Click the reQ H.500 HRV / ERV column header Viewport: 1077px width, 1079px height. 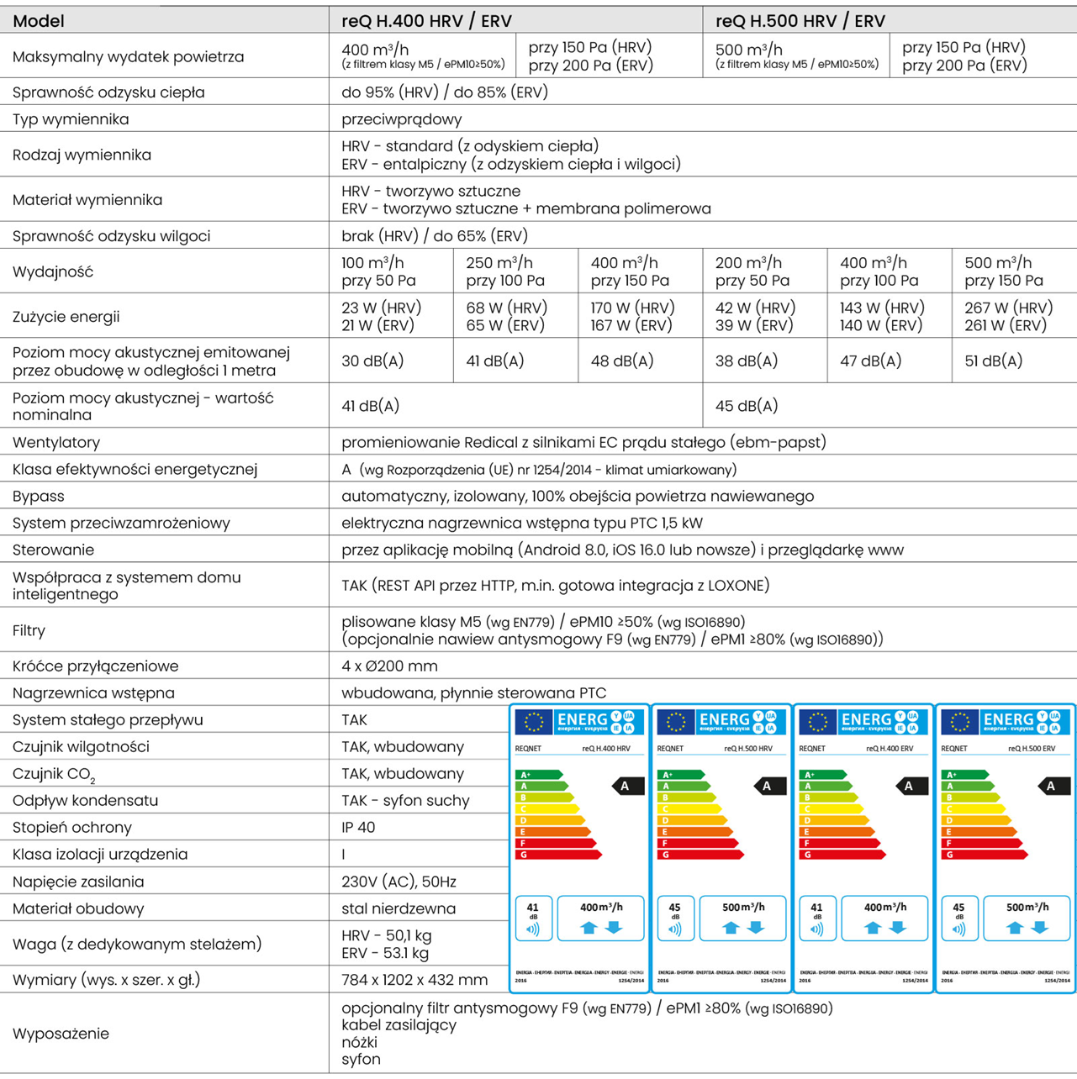(800, 20)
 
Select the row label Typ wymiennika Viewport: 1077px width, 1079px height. (71, 119)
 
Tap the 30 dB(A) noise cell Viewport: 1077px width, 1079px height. (372, 361)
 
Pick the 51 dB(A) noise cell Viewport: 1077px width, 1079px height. (993, 361)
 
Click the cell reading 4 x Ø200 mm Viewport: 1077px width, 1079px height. (389, 666)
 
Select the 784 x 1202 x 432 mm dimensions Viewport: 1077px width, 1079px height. (414, 980)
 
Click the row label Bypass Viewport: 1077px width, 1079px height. (39, 497)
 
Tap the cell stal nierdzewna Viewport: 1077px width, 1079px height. (399, 908)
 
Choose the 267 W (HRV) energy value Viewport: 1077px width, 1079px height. (1008, 308)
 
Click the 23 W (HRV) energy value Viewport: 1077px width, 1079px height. (381, 308)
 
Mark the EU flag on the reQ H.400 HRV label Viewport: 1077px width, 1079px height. (533, 722)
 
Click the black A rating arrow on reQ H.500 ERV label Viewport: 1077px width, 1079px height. (1051, 787)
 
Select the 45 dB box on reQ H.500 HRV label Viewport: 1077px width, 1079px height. (675, 918)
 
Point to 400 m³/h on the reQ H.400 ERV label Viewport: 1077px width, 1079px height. (884, 908)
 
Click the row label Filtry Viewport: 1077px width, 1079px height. (29, 630)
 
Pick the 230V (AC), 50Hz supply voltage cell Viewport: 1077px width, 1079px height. (399, 882)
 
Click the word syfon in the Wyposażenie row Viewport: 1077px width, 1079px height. (361, 1060)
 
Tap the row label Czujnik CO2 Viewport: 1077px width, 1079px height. (53, 775)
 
